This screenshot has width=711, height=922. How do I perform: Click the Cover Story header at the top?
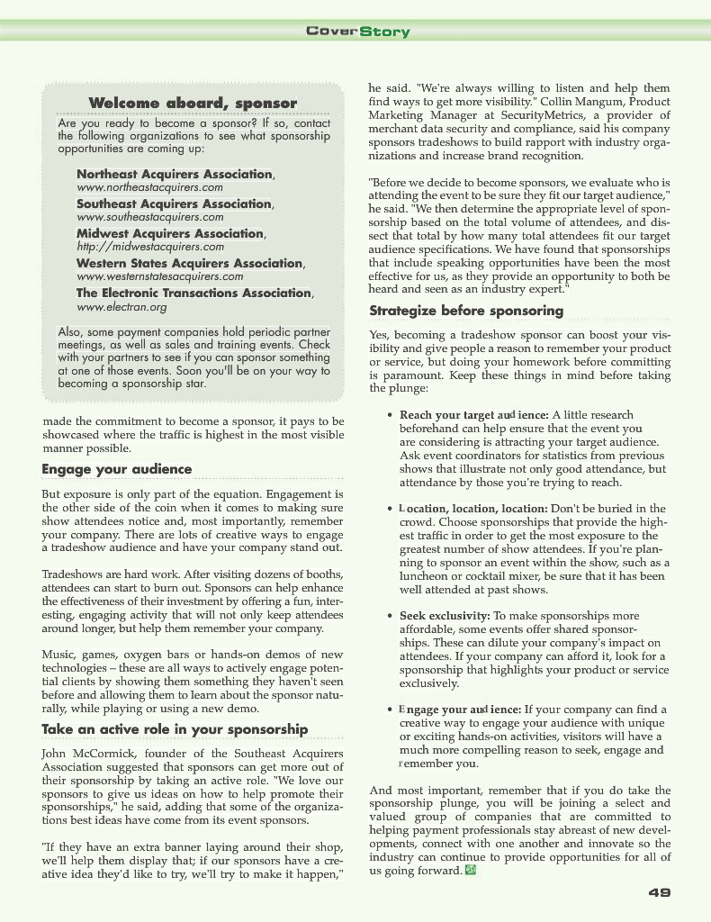[x=357, y=32]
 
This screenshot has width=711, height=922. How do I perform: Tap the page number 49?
[x=659, y=892]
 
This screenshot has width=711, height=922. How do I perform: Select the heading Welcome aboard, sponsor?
[x=193, y=104]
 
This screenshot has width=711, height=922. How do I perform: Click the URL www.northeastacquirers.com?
[x=149, y=187]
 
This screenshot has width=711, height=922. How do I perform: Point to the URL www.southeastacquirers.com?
[x=149, y=217]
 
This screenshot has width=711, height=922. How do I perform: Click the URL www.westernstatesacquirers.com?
[x=159, y=276]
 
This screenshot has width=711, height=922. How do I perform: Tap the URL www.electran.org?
[x=121, y=307]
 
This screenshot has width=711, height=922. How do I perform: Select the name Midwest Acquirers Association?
[x=170, y=233]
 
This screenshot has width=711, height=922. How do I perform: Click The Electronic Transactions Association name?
[x=193, y=293]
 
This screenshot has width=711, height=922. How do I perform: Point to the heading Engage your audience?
[x=117, y=469]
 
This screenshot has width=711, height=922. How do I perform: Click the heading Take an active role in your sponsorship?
[x=175, y=729]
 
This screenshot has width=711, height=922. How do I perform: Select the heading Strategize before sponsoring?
[x=466, y=312]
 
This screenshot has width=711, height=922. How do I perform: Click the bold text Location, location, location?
[x=472, y=509]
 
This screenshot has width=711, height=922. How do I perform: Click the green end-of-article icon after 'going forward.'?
[x=471, y=871]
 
